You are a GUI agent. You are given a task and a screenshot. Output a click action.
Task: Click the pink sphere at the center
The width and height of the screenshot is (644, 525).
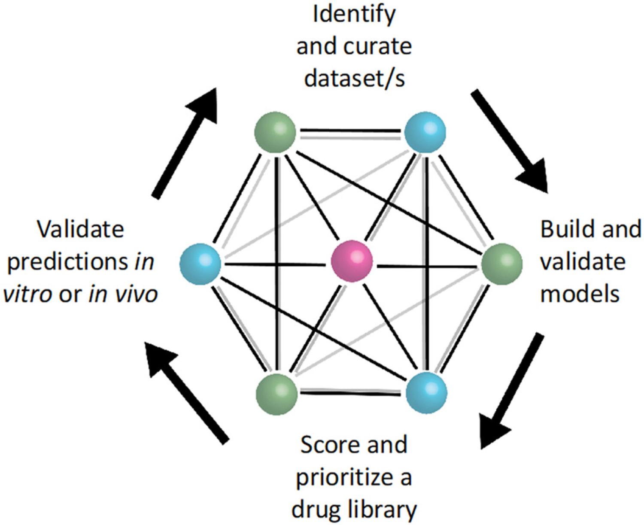point(352,261)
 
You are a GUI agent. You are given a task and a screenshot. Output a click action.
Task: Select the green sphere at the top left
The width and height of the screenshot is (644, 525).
point(275,132)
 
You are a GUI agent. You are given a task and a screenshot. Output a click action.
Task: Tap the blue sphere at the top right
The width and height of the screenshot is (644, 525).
point(425,132)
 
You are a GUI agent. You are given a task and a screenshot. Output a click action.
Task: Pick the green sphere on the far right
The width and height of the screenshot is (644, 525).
point(502,264)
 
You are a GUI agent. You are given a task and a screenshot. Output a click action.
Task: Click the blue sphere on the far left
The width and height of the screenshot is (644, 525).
point(200,264)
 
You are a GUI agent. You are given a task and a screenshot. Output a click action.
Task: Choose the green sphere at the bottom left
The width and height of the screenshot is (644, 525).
point(276,394)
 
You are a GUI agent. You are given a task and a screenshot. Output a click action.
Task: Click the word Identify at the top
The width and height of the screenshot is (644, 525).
point(354,15)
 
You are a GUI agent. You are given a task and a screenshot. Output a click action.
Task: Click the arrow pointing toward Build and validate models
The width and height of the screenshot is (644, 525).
point(509,141)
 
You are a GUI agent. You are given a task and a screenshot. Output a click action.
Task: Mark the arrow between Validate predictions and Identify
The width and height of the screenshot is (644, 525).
point(185,143)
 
